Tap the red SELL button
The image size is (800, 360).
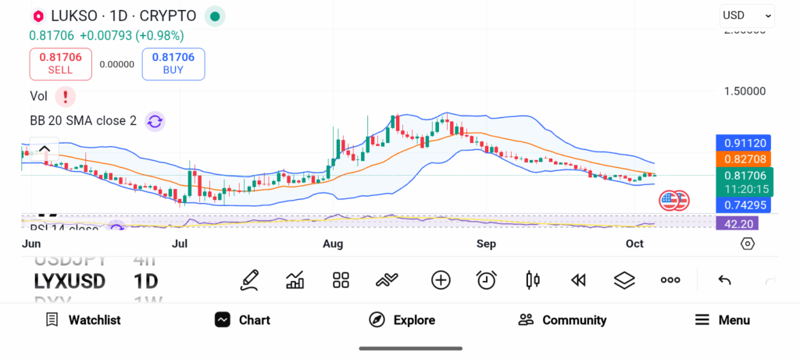coord(60,63)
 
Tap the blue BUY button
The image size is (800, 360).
coord(173,63)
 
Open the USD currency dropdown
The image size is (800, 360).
coord(747,15)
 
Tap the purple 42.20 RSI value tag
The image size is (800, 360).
coord(736,223)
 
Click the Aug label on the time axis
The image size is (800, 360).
coord(333,244)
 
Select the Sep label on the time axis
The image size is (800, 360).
coord(486,244)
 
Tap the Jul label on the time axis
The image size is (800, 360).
coord(180,244)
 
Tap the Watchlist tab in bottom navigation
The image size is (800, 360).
coord(83,320)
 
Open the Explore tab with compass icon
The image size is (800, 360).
coord(402,320)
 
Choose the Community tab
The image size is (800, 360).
coord(562,320)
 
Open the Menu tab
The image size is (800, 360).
coord(723,320)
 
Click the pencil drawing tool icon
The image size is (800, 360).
coord(249,280)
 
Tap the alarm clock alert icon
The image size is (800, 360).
coord(487,280)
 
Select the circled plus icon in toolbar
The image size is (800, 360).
coord(441,280)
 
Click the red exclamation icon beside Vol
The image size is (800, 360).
coord(66,96)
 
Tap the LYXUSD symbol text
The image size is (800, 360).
coord(70,281)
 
